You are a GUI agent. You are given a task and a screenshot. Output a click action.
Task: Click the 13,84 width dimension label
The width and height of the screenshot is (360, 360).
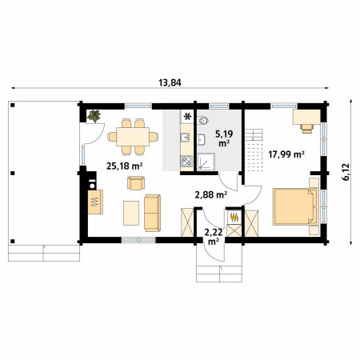point(170,82)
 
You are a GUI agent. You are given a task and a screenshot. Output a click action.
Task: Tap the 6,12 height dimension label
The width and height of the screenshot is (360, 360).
point(346,172)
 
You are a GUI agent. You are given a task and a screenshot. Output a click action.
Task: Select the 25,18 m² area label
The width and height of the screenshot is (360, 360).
point(125,166)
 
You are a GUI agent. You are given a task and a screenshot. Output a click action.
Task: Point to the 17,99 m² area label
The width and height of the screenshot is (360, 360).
point(286,154)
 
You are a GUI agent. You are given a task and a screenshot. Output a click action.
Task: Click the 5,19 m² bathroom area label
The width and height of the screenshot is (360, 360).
point(224,138)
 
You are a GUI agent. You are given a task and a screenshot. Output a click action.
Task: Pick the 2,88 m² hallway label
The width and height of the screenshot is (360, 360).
point(211,195)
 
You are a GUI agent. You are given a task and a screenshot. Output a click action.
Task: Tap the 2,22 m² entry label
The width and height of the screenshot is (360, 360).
point(214,237)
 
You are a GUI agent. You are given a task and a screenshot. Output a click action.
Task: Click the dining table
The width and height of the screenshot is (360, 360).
point(133,137)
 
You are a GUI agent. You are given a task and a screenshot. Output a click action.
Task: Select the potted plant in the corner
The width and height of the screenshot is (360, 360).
point(94,116)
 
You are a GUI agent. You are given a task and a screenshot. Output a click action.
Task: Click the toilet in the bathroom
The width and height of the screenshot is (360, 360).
point(202,121)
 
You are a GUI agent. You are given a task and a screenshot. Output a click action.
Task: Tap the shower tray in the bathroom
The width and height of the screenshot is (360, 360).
point(206,162)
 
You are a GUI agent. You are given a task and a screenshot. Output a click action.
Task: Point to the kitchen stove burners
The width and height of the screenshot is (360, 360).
point(186,161)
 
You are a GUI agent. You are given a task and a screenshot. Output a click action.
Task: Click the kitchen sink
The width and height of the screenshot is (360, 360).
point(186,138)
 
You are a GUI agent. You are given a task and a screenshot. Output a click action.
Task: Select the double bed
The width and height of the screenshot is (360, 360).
point(295,206)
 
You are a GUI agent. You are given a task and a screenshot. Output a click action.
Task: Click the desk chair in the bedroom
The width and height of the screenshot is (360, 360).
point(306,129)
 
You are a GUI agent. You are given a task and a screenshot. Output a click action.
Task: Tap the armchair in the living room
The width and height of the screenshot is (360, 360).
point(136,183)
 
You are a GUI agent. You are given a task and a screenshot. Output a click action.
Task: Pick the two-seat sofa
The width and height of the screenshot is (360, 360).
point(152,213)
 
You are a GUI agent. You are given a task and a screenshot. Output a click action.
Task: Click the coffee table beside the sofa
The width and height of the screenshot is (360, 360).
point(131,213)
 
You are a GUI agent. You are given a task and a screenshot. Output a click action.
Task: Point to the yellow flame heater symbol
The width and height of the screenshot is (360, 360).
point(234,218)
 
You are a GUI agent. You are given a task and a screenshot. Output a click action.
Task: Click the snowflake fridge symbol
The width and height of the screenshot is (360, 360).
point(187,116)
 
